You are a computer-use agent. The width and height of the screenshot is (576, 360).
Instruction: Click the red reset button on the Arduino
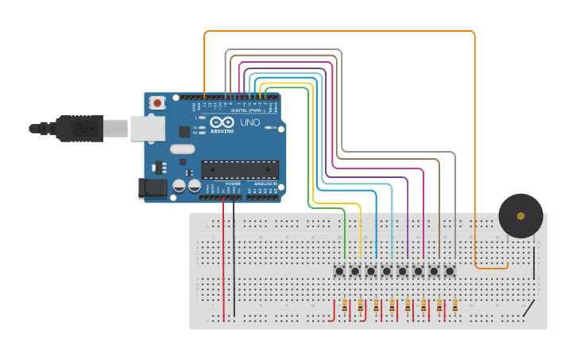157,103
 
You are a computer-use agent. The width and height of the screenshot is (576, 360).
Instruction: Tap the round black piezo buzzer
520,215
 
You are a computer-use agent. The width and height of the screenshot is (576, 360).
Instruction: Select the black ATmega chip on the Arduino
240,168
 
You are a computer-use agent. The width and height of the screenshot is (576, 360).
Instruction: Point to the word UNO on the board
250,123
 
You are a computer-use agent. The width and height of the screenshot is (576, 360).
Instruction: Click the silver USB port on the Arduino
148,128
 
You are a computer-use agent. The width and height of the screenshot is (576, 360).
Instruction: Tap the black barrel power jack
153,188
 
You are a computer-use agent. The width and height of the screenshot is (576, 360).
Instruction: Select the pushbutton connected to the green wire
339,271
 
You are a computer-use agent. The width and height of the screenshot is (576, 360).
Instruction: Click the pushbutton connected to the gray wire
450,271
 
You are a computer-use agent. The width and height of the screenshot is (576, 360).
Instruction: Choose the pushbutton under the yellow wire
355,271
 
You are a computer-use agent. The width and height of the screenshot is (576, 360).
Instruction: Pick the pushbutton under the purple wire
403,271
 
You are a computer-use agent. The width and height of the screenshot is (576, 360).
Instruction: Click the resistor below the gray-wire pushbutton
454,305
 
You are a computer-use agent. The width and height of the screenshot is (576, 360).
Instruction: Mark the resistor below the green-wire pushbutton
345,305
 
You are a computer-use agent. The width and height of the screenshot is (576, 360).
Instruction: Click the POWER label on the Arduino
233,184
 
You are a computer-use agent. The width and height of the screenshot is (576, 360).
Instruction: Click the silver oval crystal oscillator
182,149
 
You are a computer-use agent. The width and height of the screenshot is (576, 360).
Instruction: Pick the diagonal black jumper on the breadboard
528,308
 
